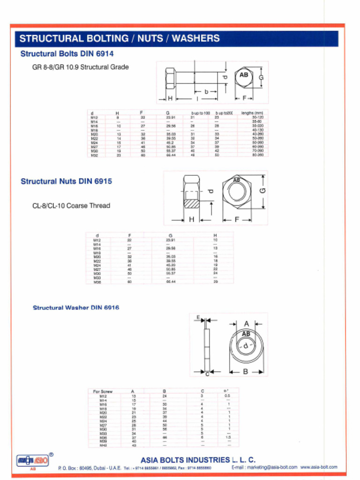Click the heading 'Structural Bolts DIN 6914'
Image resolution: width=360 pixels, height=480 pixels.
(x=67, y=54)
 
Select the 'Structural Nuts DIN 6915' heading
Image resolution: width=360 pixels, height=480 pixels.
(x=66, y=181)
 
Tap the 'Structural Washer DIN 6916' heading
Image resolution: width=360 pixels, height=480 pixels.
(x=75, y=308)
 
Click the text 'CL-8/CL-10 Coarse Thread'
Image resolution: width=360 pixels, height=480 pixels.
(x=71, y=206)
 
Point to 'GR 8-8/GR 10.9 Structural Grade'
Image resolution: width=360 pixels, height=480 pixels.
(x=80, y=67)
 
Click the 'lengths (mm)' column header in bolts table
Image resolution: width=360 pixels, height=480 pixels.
(x=252, y=113)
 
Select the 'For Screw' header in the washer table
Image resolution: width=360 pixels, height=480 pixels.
(x=103, y=391)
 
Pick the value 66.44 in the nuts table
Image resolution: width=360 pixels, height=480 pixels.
(x=170, y=282)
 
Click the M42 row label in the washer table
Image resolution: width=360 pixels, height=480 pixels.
(x=103, y=445)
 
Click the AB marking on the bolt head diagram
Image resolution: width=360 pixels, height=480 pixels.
(x=244, y=75)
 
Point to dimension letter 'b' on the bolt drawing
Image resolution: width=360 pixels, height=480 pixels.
(x=206, y=92)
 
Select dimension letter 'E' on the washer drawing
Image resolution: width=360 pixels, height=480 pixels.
(x=198, y=318)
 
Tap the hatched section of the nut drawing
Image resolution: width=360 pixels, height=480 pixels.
(x=191, y=204)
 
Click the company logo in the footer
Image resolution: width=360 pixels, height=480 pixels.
(x=33, y=460)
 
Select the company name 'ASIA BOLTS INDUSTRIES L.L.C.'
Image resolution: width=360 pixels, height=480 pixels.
(x=198, y=460)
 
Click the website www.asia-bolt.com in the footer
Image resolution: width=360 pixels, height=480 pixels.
(x=319, y=467)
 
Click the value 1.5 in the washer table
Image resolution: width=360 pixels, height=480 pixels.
(x=228, y=437)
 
